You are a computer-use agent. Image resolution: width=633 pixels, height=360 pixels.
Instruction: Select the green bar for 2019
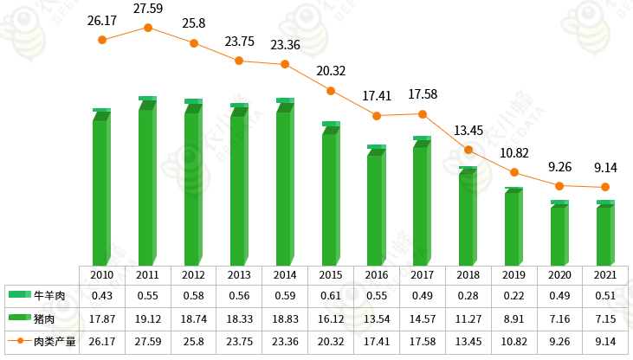(513, 227)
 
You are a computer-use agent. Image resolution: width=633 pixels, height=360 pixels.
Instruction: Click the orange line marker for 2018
(468, 150)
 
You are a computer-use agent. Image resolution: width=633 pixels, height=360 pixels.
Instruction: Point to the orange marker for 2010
(102, 40)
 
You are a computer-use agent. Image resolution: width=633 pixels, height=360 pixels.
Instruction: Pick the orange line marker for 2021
(605, 188)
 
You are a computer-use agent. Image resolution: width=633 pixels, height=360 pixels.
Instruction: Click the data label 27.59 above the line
(148, 9)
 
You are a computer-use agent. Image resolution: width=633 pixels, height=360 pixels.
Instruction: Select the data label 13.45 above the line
(468, 131)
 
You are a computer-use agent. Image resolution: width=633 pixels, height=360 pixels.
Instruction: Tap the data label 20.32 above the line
(330, 71)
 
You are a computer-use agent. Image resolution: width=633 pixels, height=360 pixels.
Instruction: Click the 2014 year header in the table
(285, 274)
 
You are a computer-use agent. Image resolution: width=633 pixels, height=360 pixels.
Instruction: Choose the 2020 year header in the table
(559, 274)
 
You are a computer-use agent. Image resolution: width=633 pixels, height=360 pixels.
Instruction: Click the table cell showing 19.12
(148, 318)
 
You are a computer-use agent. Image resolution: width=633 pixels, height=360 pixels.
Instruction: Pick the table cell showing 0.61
(330, 296)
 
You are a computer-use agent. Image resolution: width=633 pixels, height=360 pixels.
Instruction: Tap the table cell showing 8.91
(514, 318)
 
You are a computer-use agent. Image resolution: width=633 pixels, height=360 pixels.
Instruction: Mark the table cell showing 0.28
(468, 296)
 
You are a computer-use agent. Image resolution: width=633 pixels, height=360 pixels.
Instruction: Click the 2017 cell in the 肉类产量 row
(422, 341)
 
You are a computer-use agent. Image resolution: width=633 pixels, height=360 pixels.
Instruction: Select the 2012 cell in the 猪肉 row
(194, 318)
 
